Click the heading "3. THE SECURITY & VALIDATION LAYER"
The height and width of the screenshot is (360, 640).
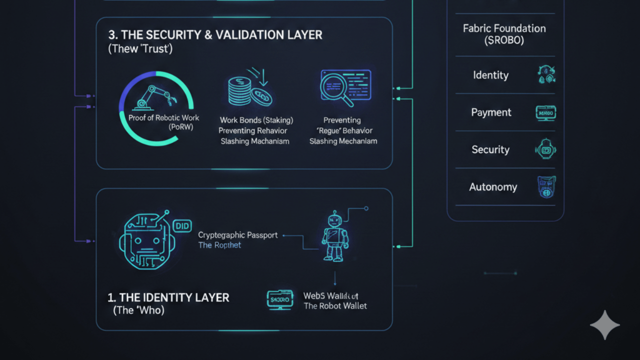(x=215, y=35)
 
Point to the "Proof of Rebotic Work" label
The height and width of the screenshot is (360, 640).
(x=163, y=118)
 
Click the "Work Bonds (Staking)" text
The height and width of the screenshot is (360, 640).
(x=256, y=120)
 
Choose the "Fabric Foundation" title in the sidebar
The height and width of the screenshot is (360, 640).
(x=504, y=28)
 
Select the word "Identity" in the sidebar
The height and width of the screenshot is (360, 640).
(x=490, y=75)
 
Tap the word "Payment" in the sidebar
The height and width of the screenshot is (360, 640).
(x=491, y=112)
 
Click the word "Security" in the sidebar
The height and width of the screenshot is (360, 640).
(x=490, y=149)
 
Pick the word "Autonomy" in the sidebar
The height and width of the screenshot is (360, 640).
(x=493, y=187)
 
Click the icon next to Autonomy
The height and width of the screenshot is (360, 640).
(x=546, y=187)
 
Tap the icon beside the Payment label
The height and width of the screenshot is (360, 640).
(x=545, y=112)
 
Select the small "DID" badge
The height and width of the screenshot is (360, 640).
(x=182, y=226)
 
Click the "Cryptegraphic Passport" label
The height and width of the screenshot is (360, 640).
(x=237, y=235)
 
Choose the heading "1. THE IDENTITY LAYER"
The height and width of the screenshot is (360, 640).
(x=168, y=297)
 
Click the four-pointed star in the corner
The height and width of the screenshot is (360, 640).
(x=605, y=325)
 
